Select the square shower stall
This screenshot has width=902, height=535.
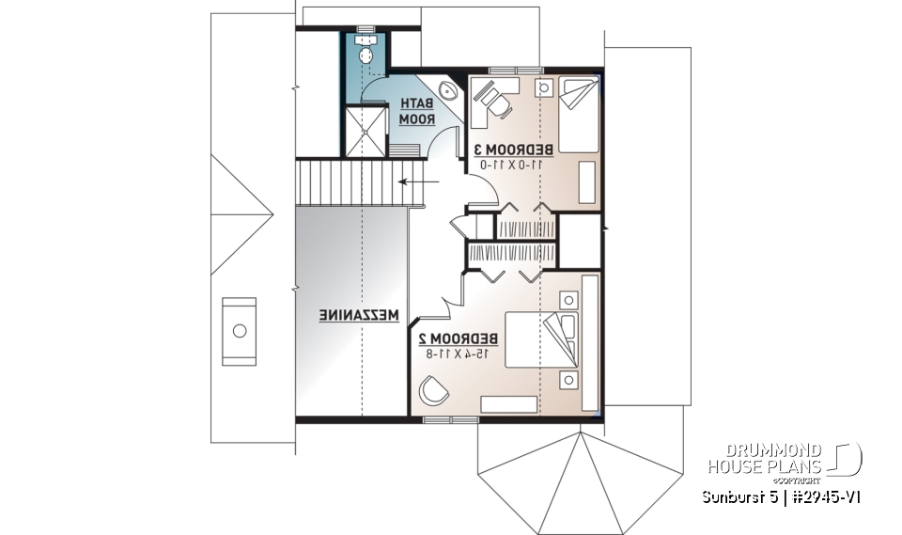point(365,133)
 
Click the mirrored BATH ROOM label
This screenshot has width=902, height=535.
point(416,112)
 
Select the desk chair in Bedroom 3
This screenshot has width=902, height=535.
point(499,107)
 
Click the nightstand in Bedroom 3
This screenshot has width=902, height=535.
point(545,87)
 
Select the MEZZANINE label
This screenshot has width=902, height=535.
point(360,315)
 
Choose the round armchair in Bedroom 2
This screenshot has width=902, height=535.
point(432,388)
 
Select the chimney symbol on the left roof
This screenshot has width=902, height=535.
point(239,331)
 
